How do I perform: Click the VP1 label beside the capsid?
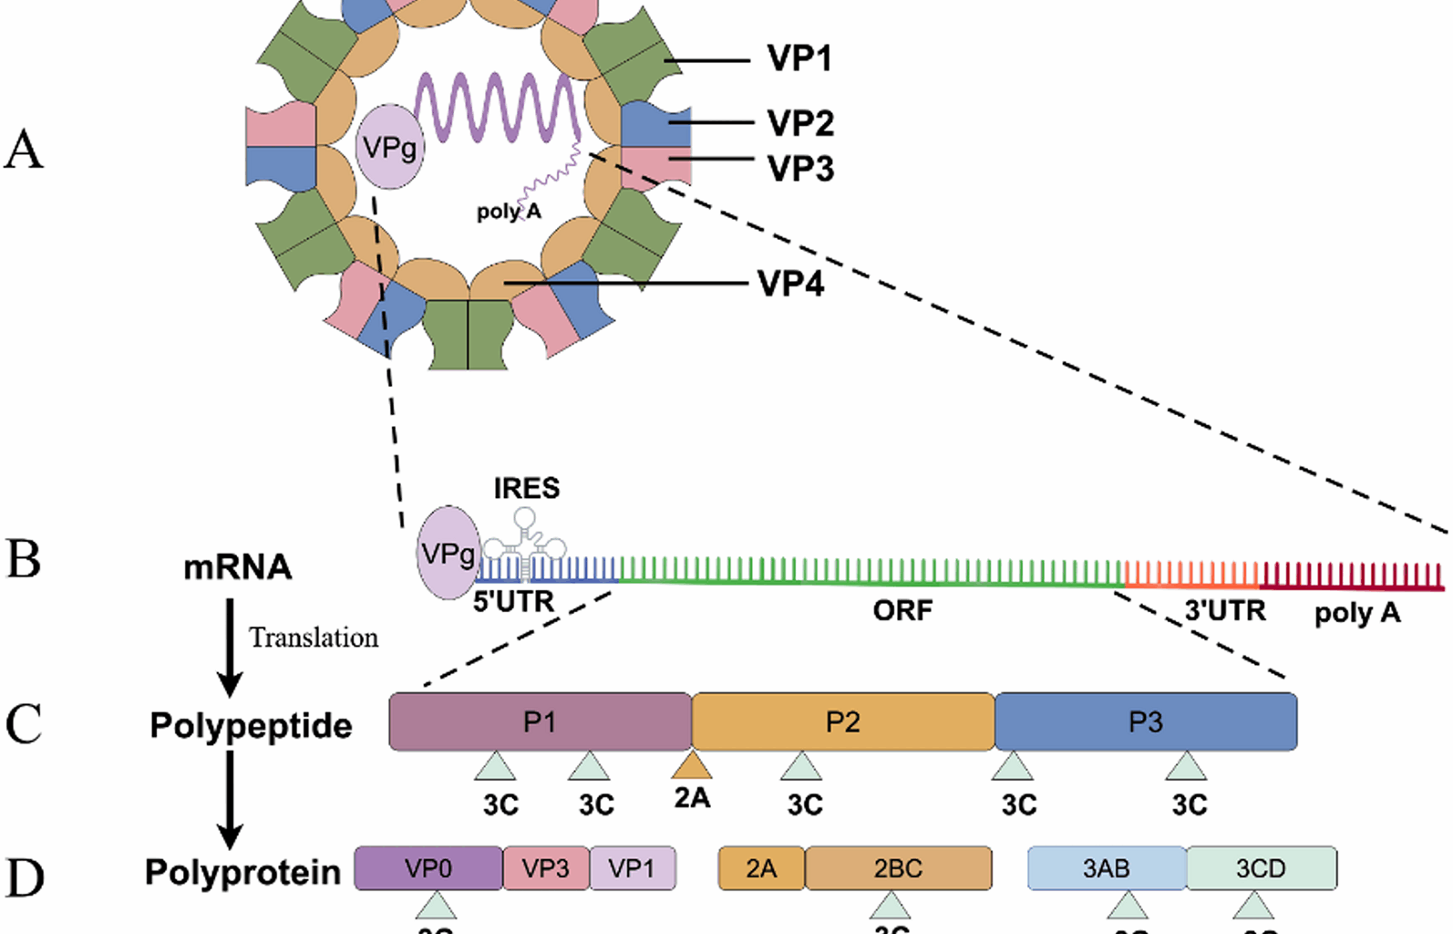[799, 58]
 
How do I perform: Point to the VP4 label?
[790, 284]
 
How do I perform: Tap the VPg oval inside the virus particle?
[389, 147]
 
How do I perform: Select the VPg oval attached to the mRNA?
[447, 553]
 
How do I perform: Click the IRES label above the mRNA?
[526, 489]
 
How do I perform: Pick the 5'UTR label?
[513, 602]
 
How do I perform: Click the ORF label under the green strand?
[902, 610]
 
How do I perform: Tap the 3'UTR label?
[1224, 610]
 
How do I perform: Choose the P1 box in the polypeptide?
[540, 722]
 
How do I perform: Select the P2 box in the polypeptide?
[842, 722]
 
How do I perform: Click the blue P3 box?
[1145, 722]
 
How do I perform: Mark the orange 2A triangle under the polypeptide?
[692, 764]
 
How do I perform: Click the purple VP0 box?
[428, 868]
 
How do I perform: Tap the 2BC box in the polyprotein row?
[898, 868]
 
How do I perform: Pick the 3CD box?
[1261, 868]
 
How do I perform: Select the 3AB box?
[1106, 868]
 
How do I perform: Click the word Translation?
[314, 638]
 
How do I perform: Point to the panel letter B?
[24, 559]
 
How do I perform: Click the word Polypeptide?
[251, 726]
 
